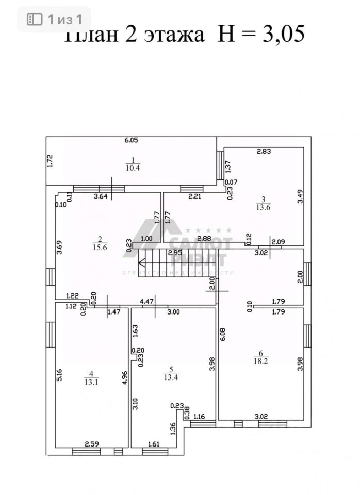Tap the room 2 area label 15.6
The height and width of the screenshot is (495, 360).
tap(100, 247)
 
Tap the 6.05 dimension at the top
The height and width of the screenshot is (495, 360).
tap(131, 140)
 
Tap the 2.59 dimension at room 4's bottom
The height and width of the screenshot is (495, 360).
tap(91, 443)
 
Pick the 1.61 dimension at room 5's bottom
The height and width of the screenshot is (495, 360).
tap(155, 443)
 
